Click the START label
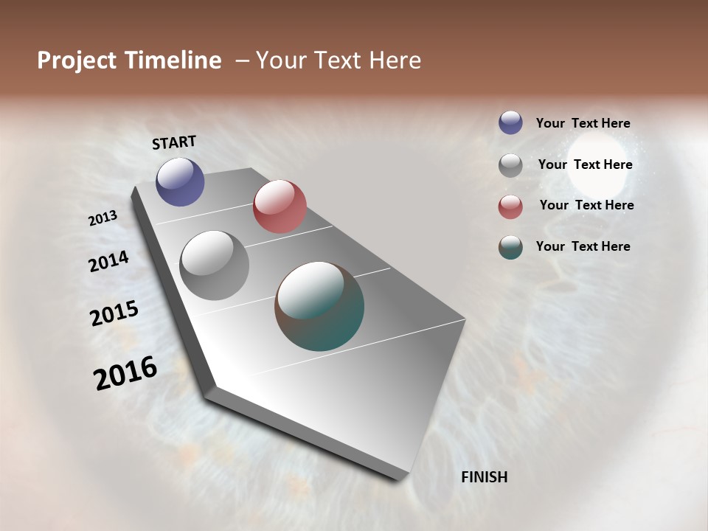[x=174, y=142]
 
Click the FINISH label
[x=484, y=477]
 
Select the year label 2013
[x=103, y=218]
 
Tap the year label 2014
[x=108, y=261]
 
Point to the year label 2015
[x=114, y=313]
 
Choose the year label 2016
[x=125, y=372]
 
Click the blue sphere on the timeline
[x=180, y=181]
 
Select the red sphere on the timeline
[x=280, y=206]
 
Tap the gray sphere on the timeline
[x=215, y=265]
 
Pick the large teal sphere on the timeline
[x=319, y=306]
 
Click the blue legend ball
[x=510, y=122]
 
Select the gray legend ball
[x=510, y=165]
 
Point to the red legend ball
[x=510, y=206]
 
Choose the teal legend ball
[x=510, y=247]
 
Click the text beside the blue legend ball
[x=583, y=124]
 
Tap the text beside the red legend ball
[x=586, y=205]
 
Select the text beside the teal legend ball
[x=583, y=246]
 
